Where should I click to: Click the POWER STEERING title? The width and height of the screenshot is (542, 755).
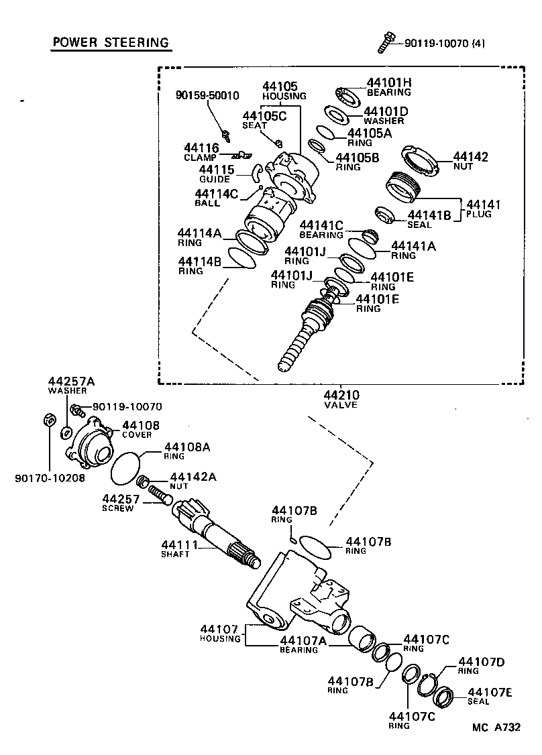pos(110,43)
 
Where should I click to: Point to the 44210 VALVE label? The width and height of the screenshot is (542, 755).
pos(341,400)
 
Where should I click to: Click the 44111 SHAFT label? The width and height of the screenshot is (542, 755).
pos(175,548)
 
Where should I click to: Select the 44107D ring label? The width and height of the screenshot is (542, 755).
pos(480,666)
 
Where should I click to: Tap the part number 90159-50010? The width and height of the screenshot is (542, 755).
pos(207,95)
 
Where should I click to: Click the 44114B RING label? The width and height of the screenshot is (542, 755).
pos(199,265)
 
